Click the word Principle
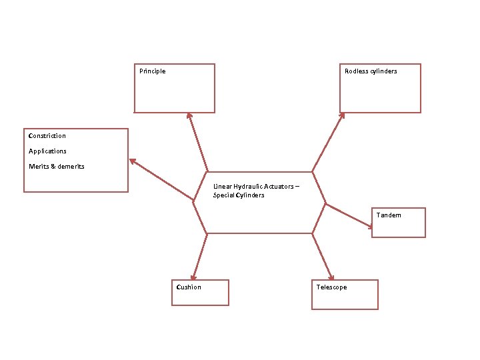coord(153,71)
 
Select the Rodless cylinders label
coord(371,71)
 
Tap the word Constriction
coord(47,136)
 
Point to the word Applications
coord(47,151)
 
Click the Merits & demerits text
coord(57,166)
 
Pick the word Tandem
coord(389,215)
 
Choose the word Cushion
coord(189,287)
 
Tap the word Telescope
coord(331,287)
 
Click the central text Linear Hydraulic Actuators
coord(256,187)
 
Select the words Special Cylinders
coord(239,195)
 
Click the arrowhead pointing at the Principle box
coord(189,116)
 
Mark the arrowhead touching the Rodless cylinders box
coord(342,115)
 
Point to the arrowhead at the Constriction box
coord(133,161)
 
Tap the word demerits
coord(71,166)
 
